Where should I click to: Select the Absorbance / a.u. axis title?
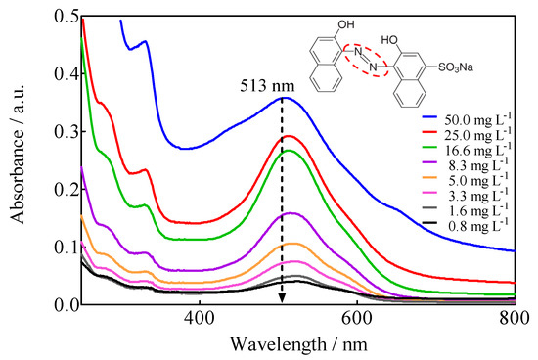click(x=18, y=161)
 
